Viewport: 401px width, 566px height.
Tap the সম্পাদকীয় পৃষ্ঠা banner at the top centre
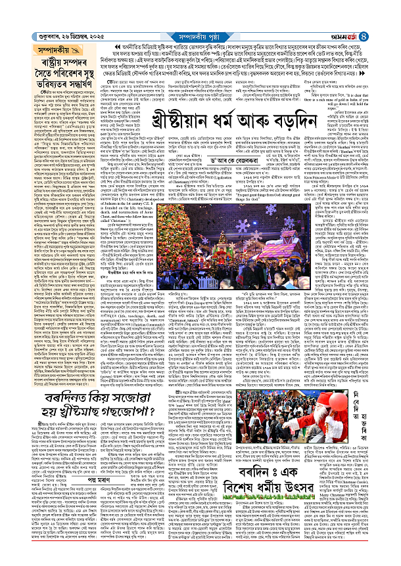pos(201,8)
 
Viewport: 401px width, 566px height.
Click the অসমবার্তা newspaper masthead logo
pos(369,8)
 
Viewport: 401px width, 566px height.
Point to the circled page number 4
pos(392,8)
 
